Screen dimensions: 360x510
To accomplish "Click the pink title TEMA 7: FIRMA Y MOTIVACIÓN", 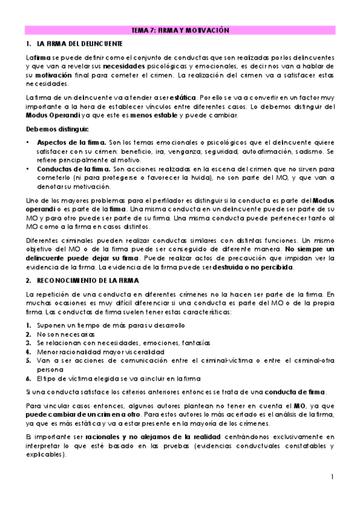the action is pos(180,30).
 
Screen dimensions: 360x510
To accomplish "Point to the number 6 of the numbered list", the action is pos(28,378).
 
